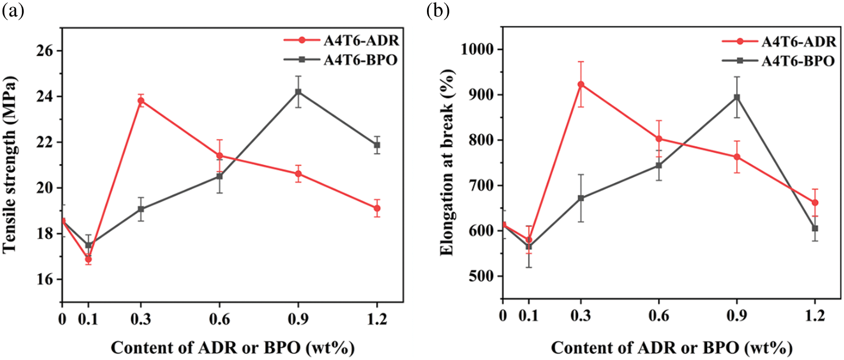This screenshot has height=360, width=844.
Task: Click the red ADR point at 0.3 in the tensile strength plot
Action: tap(141, 101)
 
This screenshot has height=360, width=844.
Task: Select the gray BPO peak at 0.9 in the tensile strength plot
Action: tap(298, 92)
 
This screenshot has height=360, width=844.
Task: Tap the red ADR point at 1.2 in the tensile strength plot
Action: tap(377, 208)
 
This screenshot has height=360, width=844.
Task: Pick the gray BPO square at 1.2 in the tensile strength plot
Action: tap(377, 145)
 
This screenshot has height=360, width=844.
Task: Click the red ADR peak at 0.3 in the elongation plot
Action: tap(581, 84)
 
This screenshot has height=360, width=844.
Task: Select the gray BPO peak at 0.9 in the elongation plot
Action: tap(737, 97)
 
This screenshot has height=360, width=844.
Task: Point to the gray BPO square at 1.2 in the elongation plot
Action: tap(815, 228)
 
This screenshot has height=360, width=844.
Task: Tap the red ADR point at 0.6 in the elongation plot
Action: tap(659, 139)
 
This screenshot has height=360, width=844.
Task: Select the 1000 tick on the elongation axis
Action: tap(479, 50)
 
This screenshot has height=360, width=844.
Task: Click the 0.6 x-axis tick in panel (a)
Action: tap(219, 319)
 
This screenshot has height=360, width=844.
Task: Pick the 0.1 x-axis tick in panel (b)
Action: tap(529, 316)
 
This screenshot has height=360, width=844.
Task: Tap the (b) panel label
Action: tap(438, 11)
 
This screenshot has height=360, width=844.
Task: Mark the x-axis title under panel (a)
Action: tap(232, 348)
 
